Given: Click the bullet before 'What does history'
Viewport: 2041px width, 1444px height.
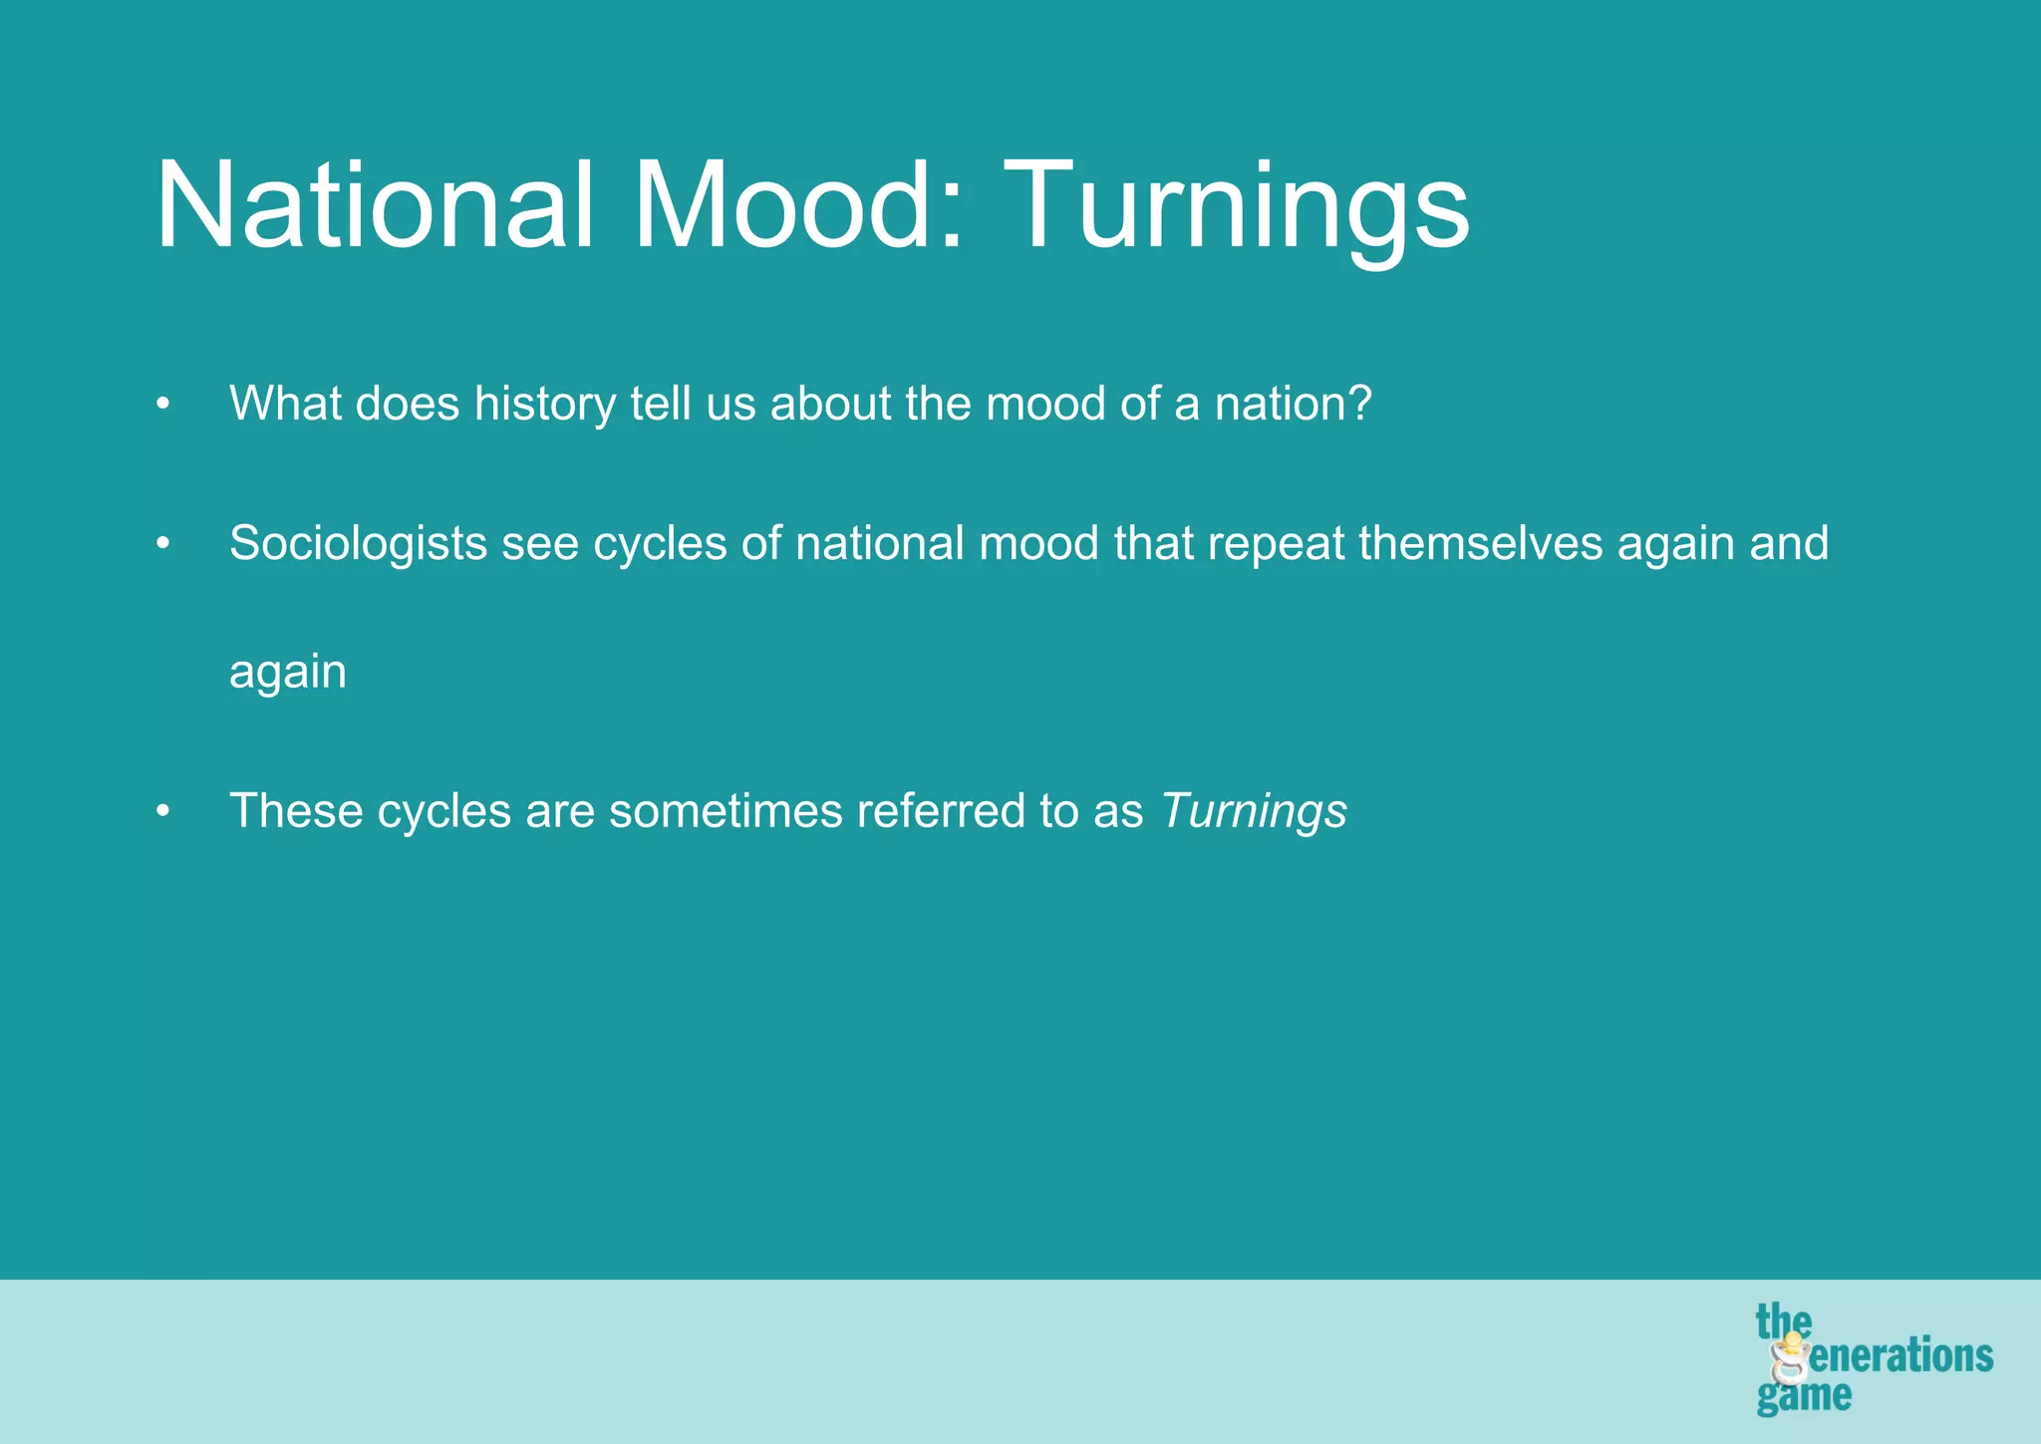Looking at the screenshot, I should coord(163,405).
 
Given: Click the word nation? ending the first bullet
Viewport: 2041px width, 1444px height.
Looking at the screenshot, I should coord(1293,403).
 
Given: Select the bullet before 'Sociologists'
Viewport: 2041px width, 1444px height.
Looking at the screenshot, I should coord(163,544).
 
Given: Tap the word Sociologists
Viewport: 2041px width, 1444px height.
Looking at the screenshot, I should coord(358,544).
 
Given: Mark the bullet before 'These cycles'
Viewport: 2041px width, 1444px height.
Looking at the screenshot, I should coord(163,811).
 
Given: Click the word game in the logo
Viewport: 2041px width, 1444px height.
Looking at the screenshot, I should coord(1804,1396).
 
